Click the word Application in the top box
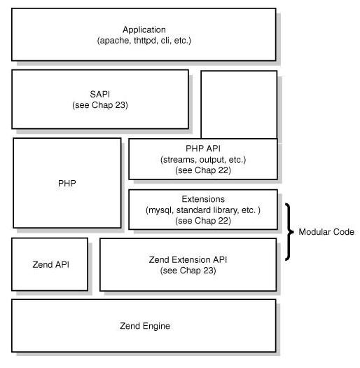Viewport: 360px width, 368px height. (x=144, y=29)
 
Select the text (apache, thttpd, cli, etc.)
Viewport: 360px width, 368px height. (x=144, y=41)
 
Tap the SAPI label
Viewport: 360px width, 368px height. (x=100, y=94)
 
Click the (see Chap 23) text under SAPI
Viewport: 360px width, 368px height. (x=100, y=105)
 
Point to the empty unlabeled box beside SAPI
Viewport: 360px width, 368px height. (x=238, y=104)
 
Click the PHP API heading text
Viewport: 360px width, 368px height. (x=203, y=149)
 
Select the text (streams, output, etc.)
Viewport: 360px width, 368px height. (x=203, y=160)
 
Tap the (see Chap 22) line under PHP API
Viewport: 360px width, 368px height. (x=203, y=170)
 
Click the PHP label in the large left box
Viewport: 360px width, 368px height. (x=67, y=183)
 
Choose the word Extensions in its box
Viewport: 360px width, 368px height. (x=203, y=199)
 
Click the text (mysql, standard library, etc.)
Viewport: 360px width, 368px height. (x=203, y=210)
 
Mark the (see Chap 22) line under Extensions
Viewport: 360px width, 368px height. (x=203, y=221)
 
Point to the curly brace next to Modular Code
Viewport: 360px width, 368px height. (x=289, y=232)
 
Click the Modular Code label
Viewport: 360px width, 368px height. (x=326, y=232)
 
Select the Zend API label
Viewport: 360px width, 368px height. (x=50, y=264)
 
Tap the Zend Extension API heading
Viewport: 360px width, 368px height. (x=188, y=259)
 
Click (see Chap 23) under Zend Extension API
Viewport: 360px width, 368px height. (x=188, y=271)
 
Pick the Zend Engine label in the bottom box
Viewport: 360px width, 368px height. (x=144, y=326)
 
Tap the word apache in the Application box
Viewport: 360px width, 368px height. (x=114, y=41)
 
